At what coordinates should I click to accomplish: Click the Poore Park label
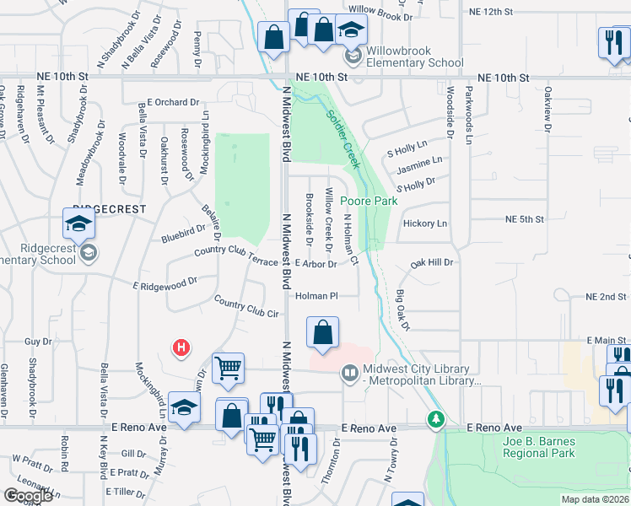click(368, 202)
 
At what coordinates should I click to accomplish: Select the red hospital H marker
click(180, 347)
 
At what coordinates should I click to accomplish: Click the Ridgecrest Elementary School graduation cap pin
click(78, 225)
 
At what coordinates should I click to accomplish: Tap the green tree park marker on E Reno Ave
click(435, 418)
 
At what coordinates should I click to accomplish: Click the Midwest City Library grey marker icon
click(349, 372)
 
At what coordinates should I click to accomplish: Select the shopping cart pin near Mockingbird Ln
click(229, 367)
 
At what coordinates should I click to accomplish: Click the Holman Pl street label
click(316, 296)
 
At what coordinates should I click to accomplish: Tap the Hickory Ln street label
click(425, 223)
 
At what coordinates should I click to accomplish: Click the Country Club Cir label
click(246, 307)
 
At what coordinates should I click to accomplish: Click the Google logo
click(28, 496)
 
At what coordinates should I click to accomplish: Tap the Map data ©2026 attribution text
click(595, 499)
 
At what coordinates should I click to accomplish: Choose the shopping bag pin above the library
click(322, 332)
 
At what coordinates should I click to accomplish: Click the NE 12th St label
click(489, 11)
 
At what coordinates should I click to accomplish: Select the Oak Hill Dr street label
click(432, 263)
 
